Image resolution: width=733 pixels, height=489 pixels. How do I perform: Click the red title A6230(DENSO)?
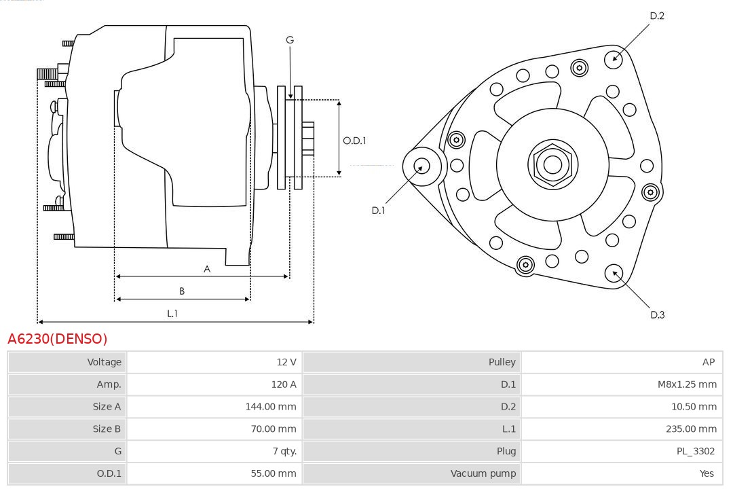58,339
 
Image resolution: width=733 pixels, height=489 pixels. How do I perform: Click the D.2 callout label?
657,16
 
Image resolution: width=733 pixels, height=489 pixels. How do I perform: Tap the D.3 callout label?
657,314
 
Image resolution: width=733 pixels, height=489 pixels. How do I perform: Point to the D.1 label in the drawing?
378,211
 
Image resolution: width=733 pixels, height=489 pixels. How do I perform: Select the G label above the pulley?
290,40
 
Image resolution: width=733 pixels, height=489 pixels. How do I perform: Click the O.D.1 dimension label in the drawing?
354,141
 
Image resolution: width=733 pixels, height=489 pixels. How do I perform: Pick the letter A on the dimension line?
207,269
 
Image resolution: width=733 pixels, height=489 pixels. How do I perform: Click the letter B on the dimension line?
182,291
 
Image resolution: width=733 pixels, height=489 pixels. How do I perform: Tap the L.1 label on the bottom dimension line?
172,314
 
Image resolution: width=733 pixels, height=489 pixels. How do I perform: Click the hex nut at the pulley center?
552,164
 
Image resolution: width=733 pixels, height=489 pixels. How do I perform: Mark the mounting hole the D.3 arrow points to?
615,273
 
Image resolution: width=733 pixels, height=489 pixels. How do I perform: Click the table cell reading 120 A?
284,384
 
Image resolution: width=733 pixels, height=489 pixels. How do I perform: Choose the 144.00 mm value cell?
271,407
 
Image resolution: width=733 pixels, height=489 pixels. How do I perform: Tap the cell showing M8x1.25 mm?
687,384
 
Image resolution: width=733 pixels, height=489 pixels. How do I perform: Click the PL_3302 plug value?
696,451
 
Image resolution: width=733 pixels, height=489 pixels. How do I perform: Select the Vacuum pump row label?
483,473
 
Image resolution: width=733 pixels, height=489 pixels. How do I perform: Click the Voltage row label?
104,362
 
